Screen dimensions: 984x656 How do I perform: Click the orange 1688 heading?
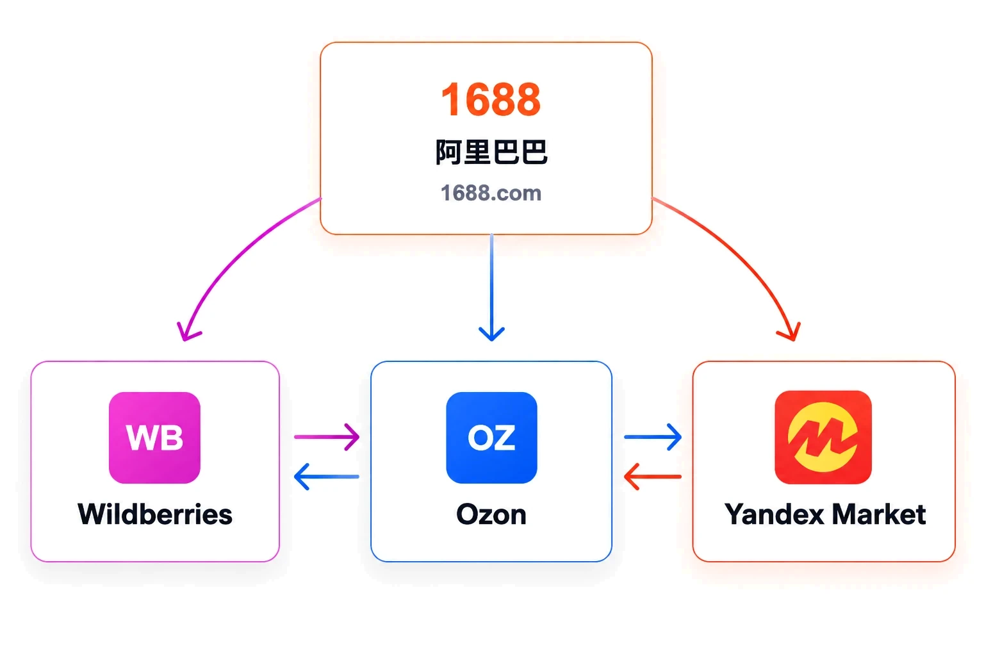point(491,100)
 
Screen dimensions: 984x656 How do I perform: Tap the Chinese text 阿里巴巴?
point(491,152)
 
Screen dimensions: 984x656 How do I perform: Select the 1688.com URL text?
point(491,193)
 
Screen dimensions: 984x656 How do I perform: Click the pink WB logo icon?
point(154,438)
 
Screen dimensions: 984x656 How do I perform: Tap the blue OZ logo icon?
point(491,438)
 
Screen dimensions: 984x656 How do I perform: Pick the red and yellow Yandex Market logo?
point(823,437)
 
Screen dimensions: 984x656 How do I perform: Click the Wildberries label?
point(155,514)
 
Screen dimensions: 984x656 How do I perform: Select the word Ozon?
point(491,514)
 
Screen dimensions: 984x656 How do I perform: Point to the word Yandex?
point(775,514)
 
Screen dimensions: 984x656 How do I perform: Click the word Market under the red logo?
point(879,514)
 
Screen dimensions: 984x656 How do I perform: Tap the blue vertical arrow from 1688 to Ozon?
point(491,288)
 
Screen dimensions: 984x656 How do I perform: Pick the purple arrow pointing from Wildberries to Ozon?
point(327,437)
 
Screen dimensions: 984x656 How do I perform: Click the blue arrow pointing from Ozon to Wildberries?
point(326,477)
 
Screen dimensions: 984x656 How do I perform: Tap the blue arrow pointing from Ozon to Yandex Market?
point(653,437)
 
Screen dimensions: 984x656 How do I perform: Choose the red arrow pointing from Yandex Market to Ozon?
point(653,477)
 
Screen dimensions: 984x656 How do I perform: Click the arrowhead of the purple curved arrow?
point(186,334)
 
